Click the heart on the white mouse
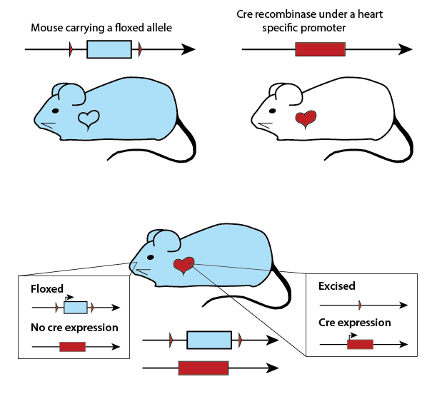pyautogui.click(x=306, y=118)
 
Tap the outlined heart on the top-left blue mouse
pyautogui.click(x=88, y=119)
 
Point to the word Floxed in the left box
pyautogui.click(x=47, y=290)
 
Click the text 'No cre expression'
pyautogui.click(x=74, y=328)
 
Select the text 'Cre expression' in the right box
pyautogui.click(x=355, y=323)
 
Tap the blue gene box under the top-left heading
pyautogui.click(x=109, y=49)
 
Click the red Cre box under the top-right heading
pyautogui.click(x=320, y=49)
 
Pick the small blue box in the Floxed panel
pyautogui.click(x=75, y=308)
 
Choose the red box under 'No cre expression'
pyautogui.click(x=72, y=347)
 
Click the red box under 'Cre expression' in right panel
pyautogui.click(x=360, y=344)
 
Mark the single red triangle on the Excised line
pyautogui.click(x=359, y=305)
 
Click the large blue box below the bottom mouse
pyautogui.click(x=209, y=340)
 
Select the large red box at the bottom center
pyautogui.click(x=204, y=368)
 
